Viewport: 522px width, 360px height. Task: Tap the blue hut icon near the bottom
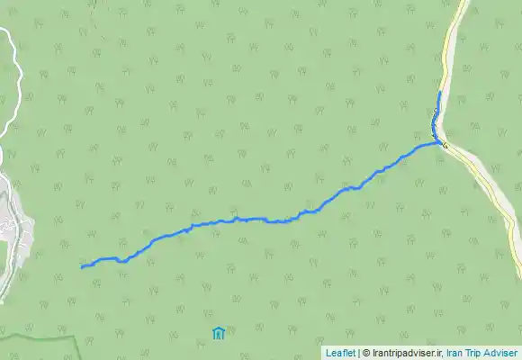(218, 334)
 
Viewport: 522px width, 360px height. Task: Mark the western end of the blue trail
(82, 267)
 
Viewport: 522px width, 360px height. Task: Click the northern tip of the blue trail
(438, 93)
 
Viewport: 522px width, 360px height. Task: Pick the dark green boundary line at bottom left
(36, 338)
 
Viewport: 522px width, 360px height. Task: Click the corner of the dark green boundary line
(74, 337)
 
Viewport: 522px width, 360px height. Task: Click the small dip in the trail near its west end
(120, 262)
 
